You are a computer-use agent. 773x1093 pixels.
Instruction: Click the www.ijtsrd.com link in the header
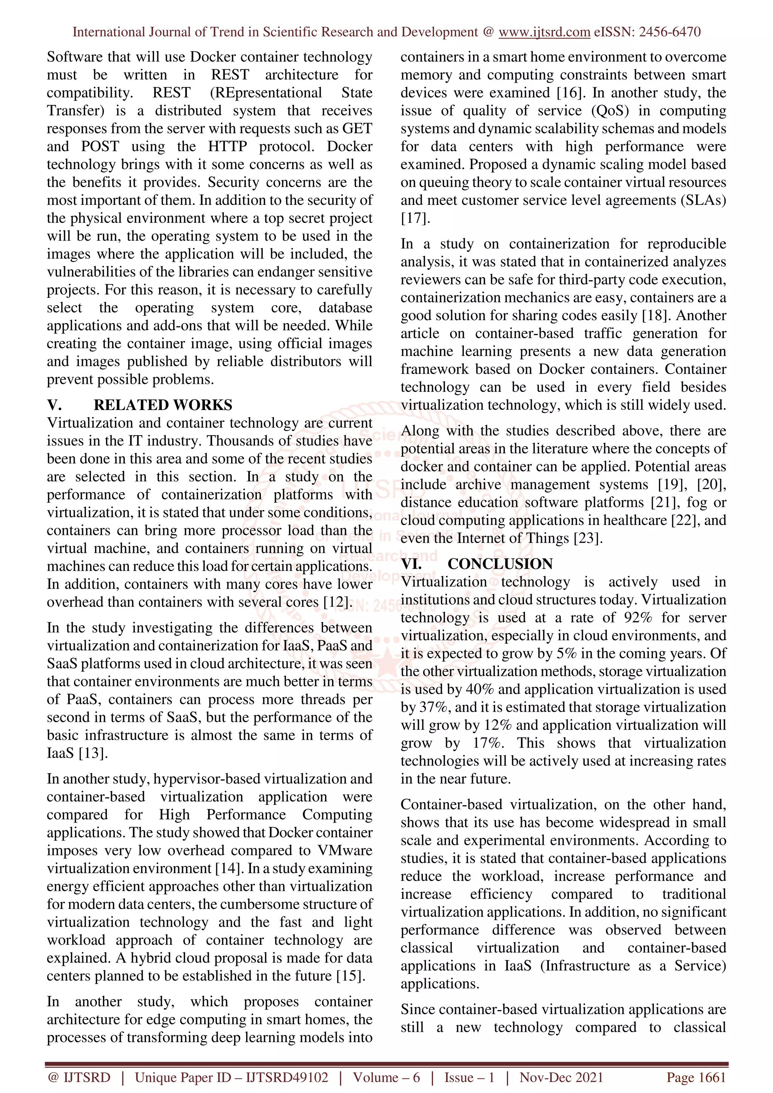pyautogui.click(x=544, y=32)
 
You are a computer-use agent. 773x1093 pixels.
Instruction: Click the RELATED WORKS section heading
pyautogui.click(x=163, y=405)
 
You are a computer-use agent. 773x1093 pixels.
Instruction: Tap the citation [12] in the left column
pyautogui.click(x=337, y=602)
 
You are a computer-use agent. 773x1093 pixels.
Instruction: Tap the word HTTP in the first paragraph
pyautogui.click(x=227, y=147)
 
